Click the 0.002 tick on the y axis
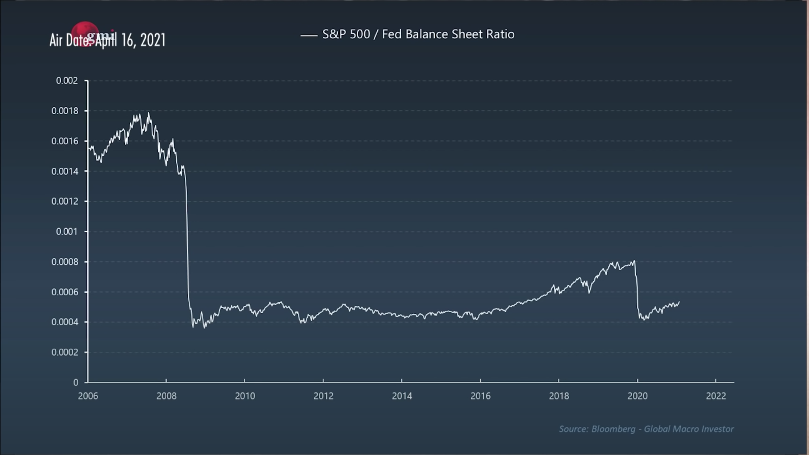67,81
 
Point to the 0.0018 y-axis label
65,111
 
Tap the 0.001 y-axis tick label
67,232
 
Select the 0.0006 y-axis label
65,292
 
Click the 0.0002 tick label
65,352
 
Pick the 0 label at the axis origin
75,383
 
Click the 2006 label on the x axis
88,396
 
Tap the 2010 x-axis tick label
245,396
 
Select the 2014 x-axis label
402,396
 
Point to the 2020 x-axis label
637,396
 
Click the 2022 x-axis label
716,396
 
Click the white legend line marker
309,36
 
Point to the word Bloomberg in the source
613,429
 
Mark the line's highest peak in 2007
149,113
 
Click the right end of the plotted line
679,302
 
